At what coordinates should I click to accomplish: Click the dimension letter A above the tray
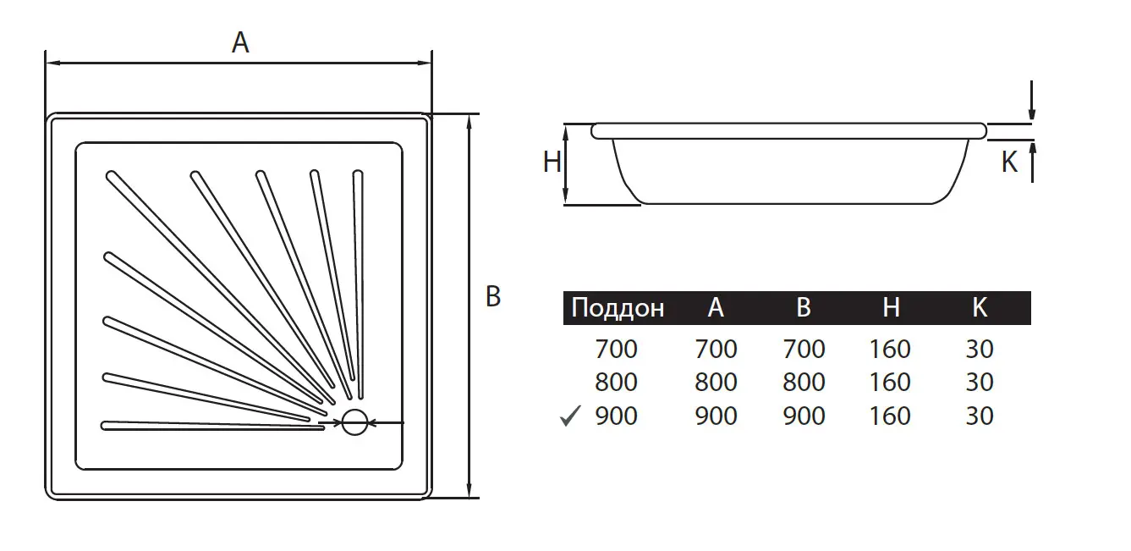240,42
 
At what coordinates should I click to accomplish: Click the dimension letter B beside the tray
493,296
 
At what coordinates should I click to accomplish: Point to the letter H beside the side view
552,163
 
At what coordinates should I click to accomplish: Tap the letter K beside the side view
1009,163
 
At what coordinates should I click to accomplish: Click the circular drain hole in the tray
355,422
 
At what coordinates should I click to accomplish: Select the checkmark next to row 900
570,416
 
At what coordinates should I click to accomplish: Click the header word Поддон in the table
618,307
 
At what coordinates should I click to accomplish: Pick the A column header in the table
716,307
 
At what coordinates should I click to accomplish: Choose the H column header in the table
891,307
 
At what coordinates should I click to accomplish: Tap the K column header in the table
980,307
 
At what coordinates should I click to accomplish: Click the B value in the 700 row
804,349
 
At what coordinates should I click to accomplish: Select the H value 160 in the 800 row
890,382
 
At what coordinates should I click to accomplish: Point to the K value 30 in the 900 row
980,416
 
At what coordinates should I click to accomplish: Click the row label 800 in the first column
616,382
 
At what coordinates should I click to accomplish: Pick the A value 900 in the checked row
716,416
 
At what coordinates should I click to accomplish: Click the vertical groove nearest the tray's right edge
359,284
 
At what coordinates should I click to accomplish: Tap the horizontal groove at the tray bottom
212,426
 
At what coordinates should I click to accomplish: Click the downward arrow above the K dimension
1032,100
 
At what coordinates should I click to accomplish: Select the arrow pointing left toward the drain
387,422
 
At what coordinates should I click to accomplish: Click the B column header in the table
804,307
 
